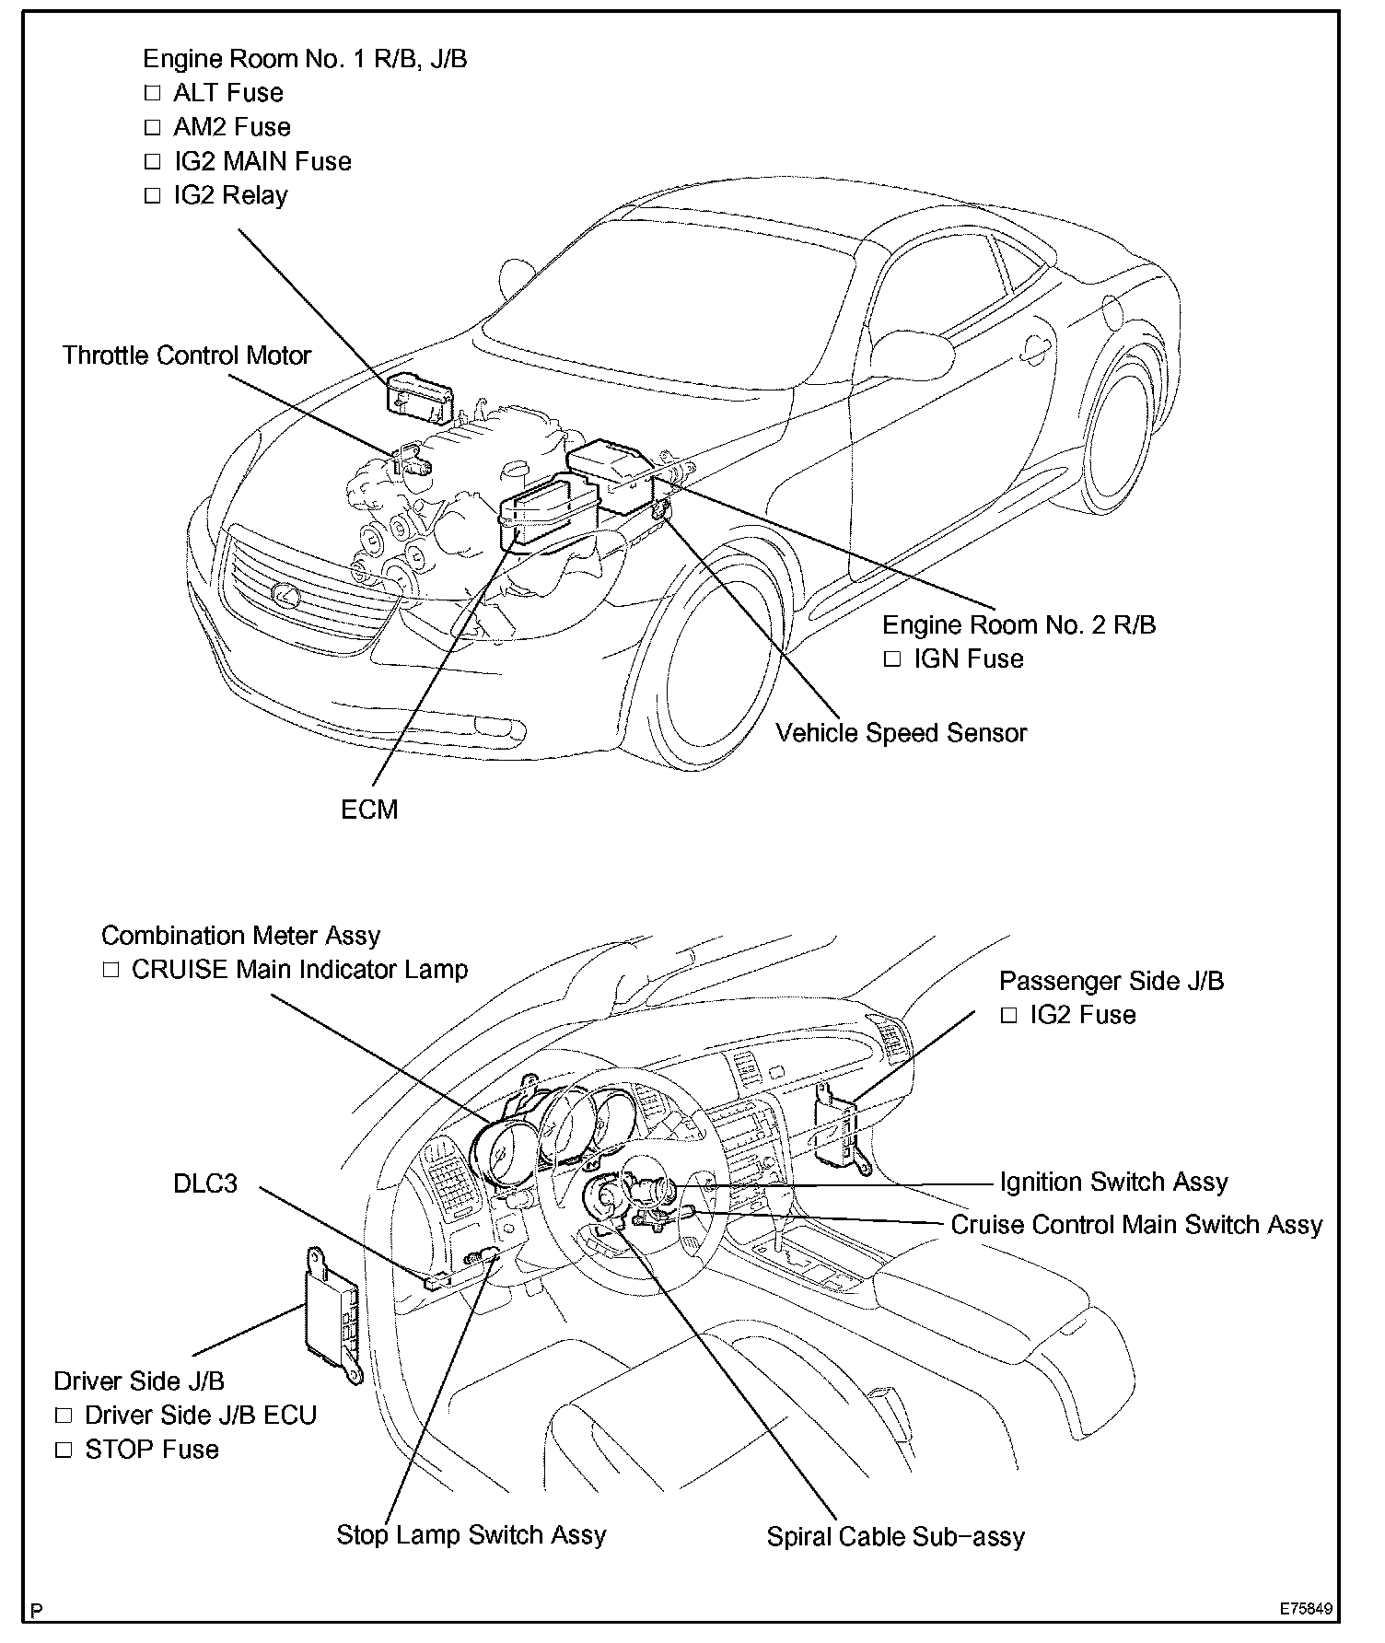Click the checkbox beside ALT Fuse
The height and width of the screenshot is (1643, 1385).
153,93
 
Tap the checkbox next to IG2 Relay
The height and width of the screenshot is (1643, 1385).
153,196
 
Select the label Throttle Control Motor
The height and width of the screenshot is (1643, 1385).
187,355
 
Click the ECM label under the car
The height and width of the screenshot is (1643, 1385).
369,810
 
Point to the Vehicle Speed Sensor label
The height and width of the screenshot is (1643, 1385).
901,733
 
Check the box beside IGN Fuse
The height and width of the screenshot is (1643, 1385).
892,659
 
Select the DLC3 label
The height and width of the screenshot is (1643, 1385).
205,1183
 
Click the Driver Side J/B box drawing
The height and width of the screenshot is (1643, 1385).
333,1314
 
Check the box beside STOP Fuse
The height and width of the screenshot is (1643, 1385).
64,1450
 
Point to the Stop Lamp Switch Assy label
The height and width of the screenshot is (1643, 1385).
471,1535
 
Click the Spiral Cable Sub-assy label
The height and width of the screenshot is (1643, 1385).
895,1537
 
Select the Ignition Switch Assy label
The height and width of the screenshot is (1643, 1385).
1113,1182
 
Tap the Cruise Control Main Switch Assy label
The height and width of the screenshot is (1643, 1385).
1136,1225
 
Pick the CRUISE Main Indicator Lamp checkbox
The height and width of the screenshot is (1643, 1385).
111,970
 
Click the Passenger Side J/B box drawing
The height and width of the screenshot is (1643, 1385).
841,1130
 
